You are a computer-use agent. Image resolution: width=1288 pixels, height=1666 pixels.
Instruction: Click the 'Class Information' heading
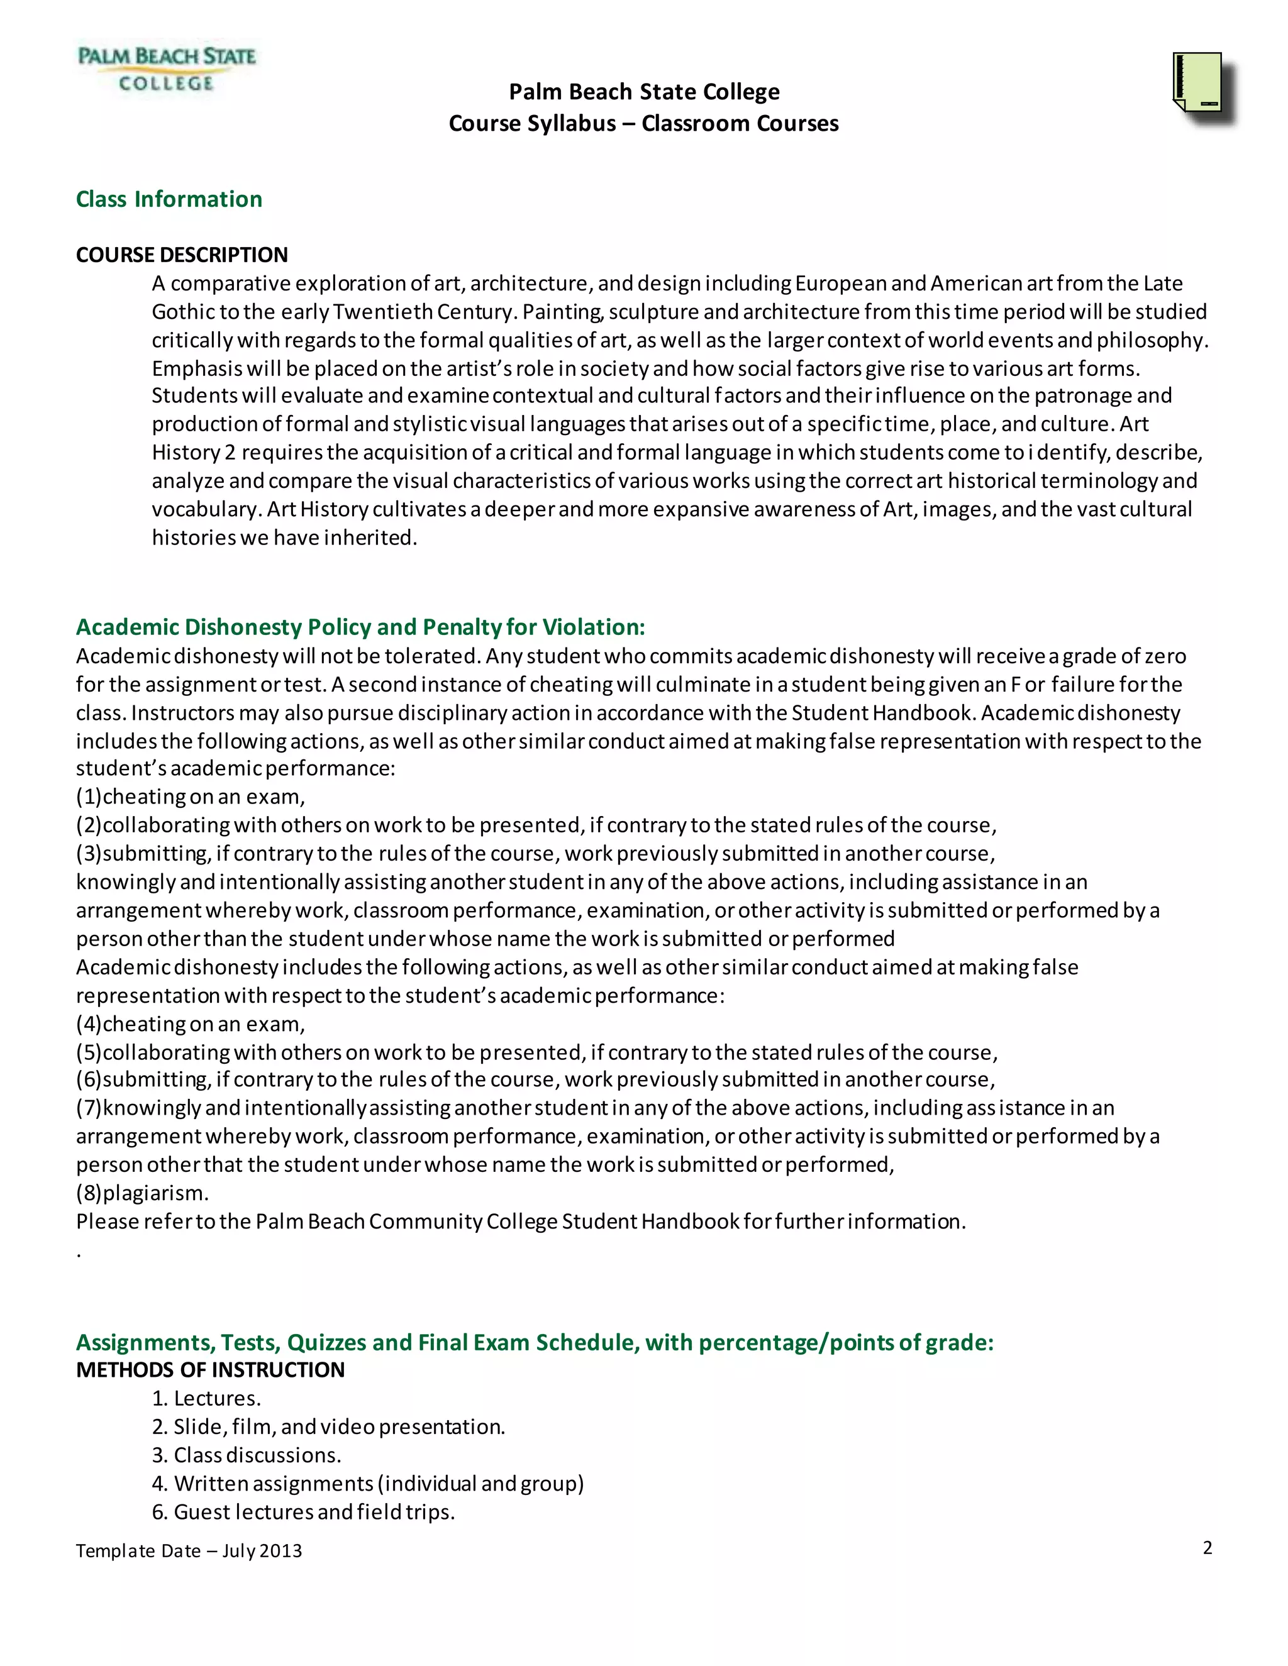169,199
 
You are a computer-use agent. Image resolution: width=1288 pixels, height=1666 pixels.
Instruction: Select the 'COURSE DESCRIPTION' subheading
182,255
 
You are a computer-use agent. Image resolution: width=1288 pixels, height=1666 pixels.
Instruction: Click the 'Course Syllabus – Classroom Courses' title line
643,124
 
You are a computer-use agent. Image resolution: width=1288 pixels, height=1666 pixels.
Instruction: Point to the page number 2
1207,1547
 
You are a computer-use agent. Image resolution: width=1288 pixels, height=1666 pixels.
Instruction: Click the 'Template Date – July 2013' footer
189,1551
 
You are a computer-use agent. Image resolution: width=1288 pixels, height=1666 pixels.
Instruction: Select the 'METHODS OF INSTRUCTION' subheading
210,1370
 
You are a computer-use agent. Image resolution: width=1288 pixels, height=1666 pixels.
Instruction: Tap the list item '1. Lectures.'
206,1398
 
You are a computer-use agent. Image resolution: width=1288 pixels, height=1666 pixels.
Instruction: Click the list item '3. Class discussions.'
246,1455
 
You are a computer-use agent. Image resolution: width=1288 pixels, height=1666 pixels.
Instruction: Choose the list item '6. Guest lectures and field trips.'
303,1512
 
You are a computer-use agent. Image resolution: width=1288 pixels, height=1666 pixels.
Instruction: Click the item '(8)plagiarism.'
142,1192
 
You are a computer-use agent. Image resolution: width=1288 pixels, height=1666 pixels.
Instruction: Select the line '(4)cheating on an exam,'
190,1023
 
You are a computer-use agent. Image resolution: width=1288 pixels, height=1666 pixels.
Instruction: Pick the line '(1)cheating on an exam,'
190,797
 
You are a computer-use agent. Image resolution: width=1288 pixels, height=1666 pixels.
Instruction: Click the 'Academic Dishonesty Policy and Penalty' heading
360,627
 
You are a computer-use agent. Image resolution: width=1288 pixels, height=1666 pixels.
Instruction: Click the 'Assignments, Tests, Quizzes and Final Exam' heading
534,1342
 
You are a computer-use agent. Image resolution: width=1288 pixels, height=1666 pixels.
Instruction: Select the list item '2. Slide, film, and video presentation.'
328,1426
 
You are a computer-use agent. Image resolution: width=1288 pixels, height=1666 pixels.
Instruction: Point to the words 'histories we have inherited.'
284,538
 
